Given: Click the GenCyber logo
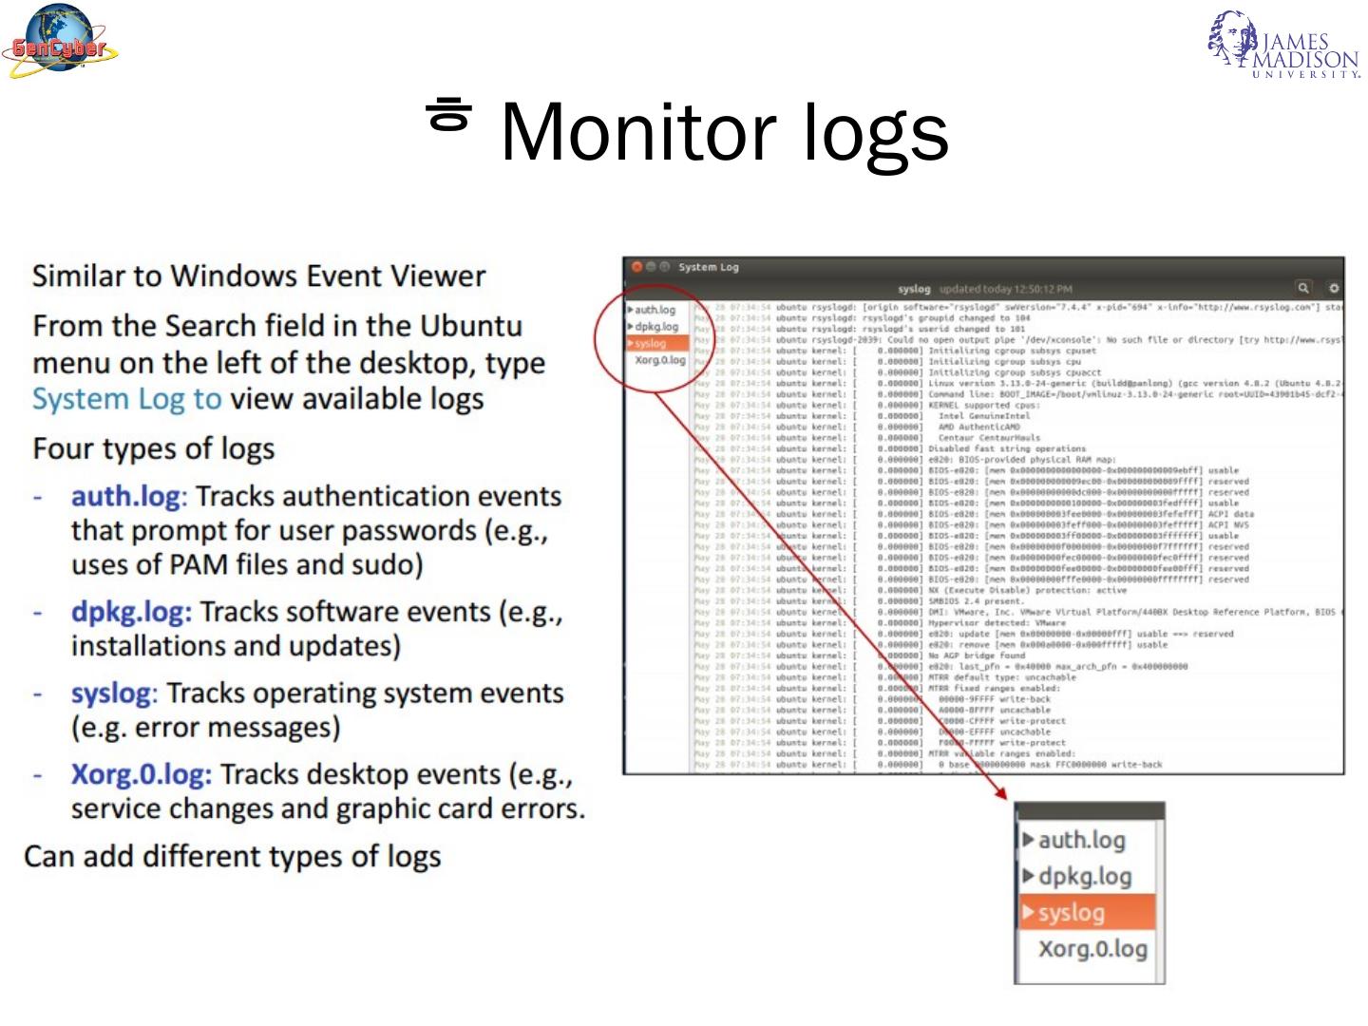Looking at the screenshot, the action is tap(60, 42).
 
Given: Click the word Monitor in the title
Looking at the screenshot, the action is tap(637, 132).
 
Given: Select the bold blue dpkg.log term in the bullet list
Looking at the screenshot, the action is tap(131, 612).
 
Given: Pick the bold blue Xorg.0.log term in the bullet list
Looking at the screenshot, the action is tap(141, 775).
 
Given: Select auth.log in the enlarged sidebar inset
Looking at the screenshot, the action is tap(1081, 840).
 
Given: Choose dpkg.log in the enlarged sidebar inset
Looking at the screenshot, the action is tap(1084, 876).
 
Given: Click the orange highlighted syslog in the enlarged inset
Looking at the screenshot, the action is tap(1071, 912).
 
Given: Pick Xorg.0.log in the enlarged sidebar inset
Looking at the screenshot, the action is tap(1092, 948).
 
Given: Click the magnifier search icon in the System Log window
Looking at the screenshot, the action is tap(1303, 287).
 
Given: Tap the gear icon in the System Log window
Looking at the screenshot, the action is tap(1334, 287).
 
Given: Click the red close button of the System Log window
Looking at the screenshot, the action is tap(636, 267).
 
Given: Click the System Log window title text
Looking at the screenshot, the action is tap(708, 267).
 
